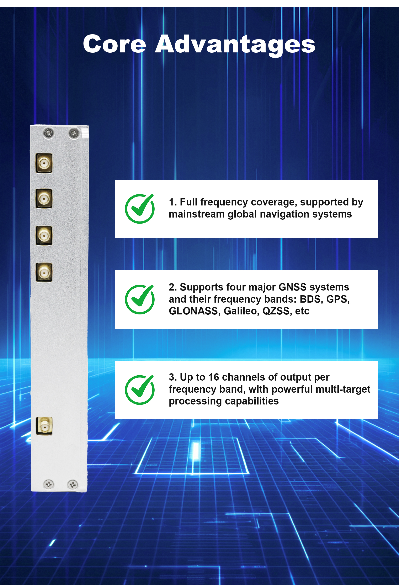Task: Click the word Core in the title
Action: tap(115, 44)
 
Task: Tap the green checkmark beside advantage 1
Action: tap(140, 209)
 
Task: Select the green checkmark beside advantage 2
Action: tap(140, 299)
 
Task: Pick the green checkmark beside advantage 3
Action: tap(140, 390)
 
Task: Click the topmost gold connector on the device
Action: tap(44, 163)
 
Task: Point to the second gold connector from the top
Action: tap(44, 199)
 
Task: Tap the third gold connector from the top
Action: tap(44, 236)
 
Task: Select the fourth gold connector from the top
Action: tap(44, 272)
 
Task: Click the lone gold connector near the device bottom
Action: tap(44, 426)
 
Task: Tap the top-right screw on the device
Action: tap(74, 133)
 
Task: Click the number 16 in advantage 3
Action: tap(214, 377)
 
